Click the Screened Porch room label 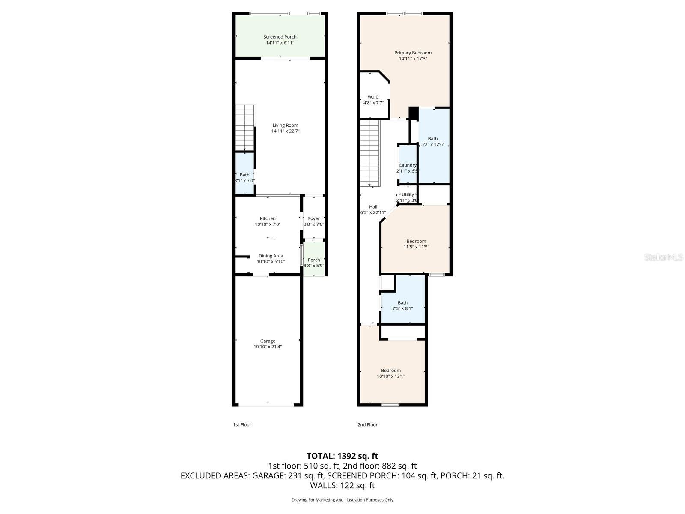click(x=280, y=37)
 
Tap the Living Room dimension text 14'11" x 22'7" click(x=285, y=131)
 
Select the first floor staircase click(x=245, y=127)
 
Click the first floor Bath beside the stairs click(x=244, y=175)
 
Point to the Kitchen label click(x=268, y=218)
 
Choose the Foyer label click(x=314, y=218)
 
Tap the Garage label click(x=268, y=341)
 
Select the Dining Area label click(x=271, y=256)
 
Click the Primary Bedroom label click(x=413, y=53)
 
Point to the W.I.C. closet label click(x=373, y=97)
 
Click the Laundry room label click(x=408, y=165)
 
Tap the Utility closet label click(x=408, y=194)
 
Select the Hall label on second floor click(x=373, y=206)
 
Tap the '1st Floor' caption click(x=242, y=424)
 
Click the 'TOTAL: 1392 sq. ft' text click(x=342, y=456)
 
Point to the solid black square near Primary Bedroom click(x=413, y=113)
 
